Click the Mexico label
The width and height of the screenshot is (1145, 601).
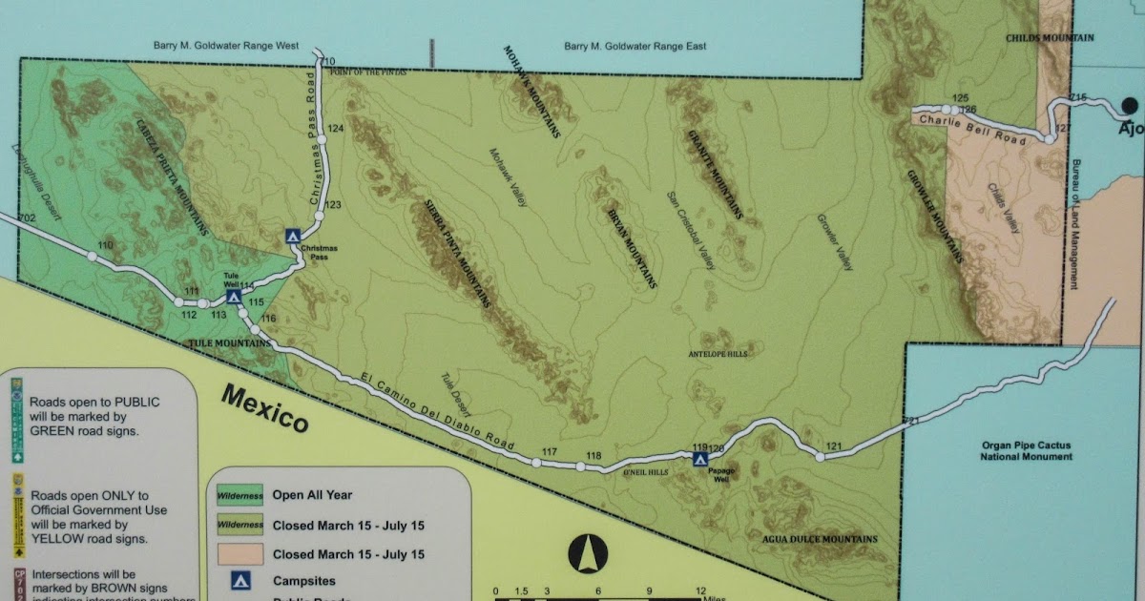coord(265,407)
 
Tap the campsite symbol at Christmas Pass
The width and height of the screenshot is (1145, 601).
coord(293,235)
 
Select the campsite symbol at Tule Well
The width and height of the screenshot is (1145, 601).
coord(233,297)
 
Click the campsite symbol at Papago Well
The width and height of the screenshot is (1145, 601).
coord(700,459)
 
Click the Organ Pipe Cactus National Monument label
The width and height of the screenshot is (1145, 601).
coord(1026,450)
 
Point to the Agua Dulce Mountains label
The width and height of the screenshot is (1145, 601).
coord(819,539)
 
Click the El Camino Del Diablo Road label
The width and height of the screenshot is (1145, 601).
coord(439,412)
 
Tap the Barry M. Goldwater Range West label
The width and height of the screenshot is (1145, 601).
coord(225,45)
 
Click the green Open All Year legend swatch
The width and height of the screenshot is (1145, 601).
coord(235,495)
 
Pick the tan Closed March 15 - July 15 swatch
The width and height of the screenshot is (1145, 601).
coord(235,554)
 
